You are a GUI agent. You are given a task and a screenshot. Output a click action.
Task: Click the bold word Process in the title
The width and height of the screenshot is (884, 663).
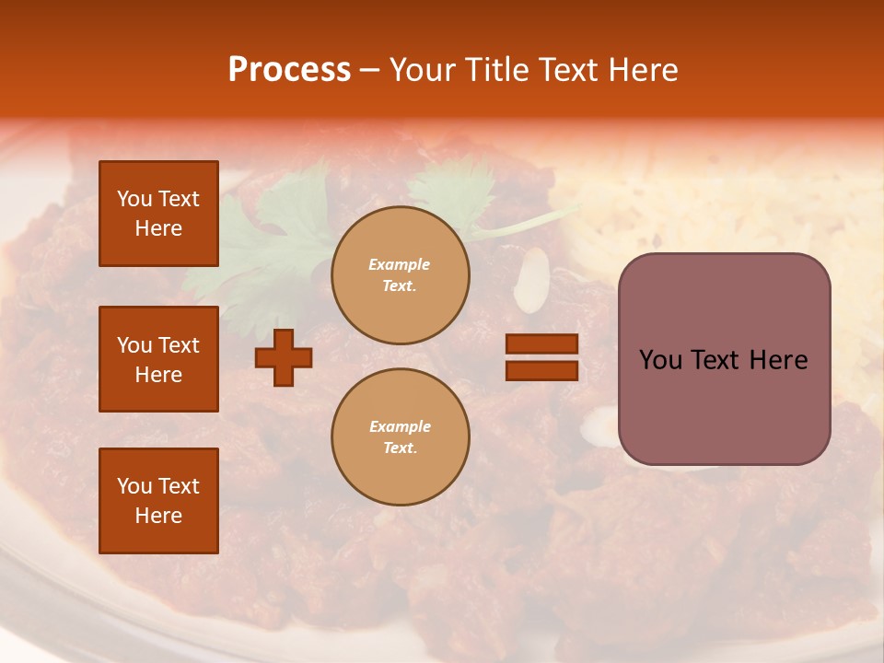(289, 70)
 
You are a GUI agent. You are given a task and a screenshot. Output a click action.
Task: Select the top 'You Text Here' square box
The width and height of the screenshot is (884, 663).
(158, 214)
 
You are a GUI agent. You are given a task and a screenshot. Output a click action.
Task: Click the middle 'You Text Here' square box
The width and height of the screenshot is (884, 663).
(158, 359)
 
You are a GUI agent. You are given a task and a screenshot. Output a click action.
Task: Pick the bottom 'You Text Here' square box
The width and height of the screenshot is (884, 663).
(158, 501)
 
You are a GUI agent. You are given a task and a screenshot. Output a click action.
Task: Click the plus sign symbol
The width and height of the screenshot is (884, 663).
(284, 357)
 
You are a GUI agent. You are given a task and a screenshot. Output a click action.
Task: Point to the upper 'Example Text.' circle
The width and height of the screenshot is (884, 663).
(400, 275)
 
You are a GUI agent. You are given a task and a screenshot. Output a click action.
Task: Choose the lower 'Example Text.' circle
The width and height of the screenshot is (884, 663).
(400, 437)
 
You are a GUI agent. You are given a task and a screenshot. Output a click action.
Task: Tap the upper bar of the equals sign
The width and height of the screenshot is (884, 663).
(541, 344)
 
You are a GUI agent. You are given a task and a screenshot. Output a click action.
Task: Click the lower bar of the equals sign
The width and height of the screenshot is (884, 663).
(541, 370)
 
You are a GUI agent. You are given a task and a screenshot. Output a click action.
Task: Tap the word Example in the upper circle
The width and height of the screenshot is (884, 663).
(400, 265)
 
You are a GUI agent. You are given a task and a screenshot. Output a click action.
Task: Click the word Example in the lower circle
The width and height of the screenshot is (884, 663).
(400, 427)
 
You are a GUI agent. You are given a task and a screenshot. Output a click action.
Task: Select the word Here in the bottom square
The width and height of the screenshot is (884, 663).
(158, 516)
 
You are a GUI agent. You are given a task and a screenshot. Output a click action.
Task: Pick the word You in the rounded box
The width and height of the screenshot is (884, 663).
(660, 360)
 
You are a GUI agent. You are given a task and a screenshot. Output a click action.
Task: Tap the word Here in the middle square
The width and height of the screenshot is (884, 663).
(158, 375)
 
